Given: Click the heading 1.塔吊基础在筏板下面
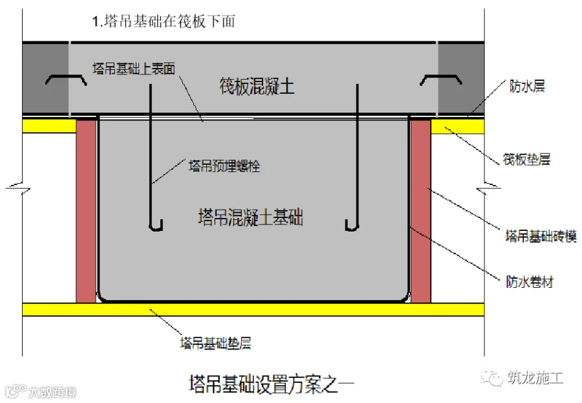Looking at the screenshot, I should pos(164,21).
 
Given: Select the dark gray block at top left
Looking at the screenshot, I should pos(45,80).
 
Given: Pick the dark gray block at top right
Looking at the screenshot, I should pos(461,80).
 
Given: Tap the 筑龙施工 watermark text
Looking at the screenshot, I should pos(535,378).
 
